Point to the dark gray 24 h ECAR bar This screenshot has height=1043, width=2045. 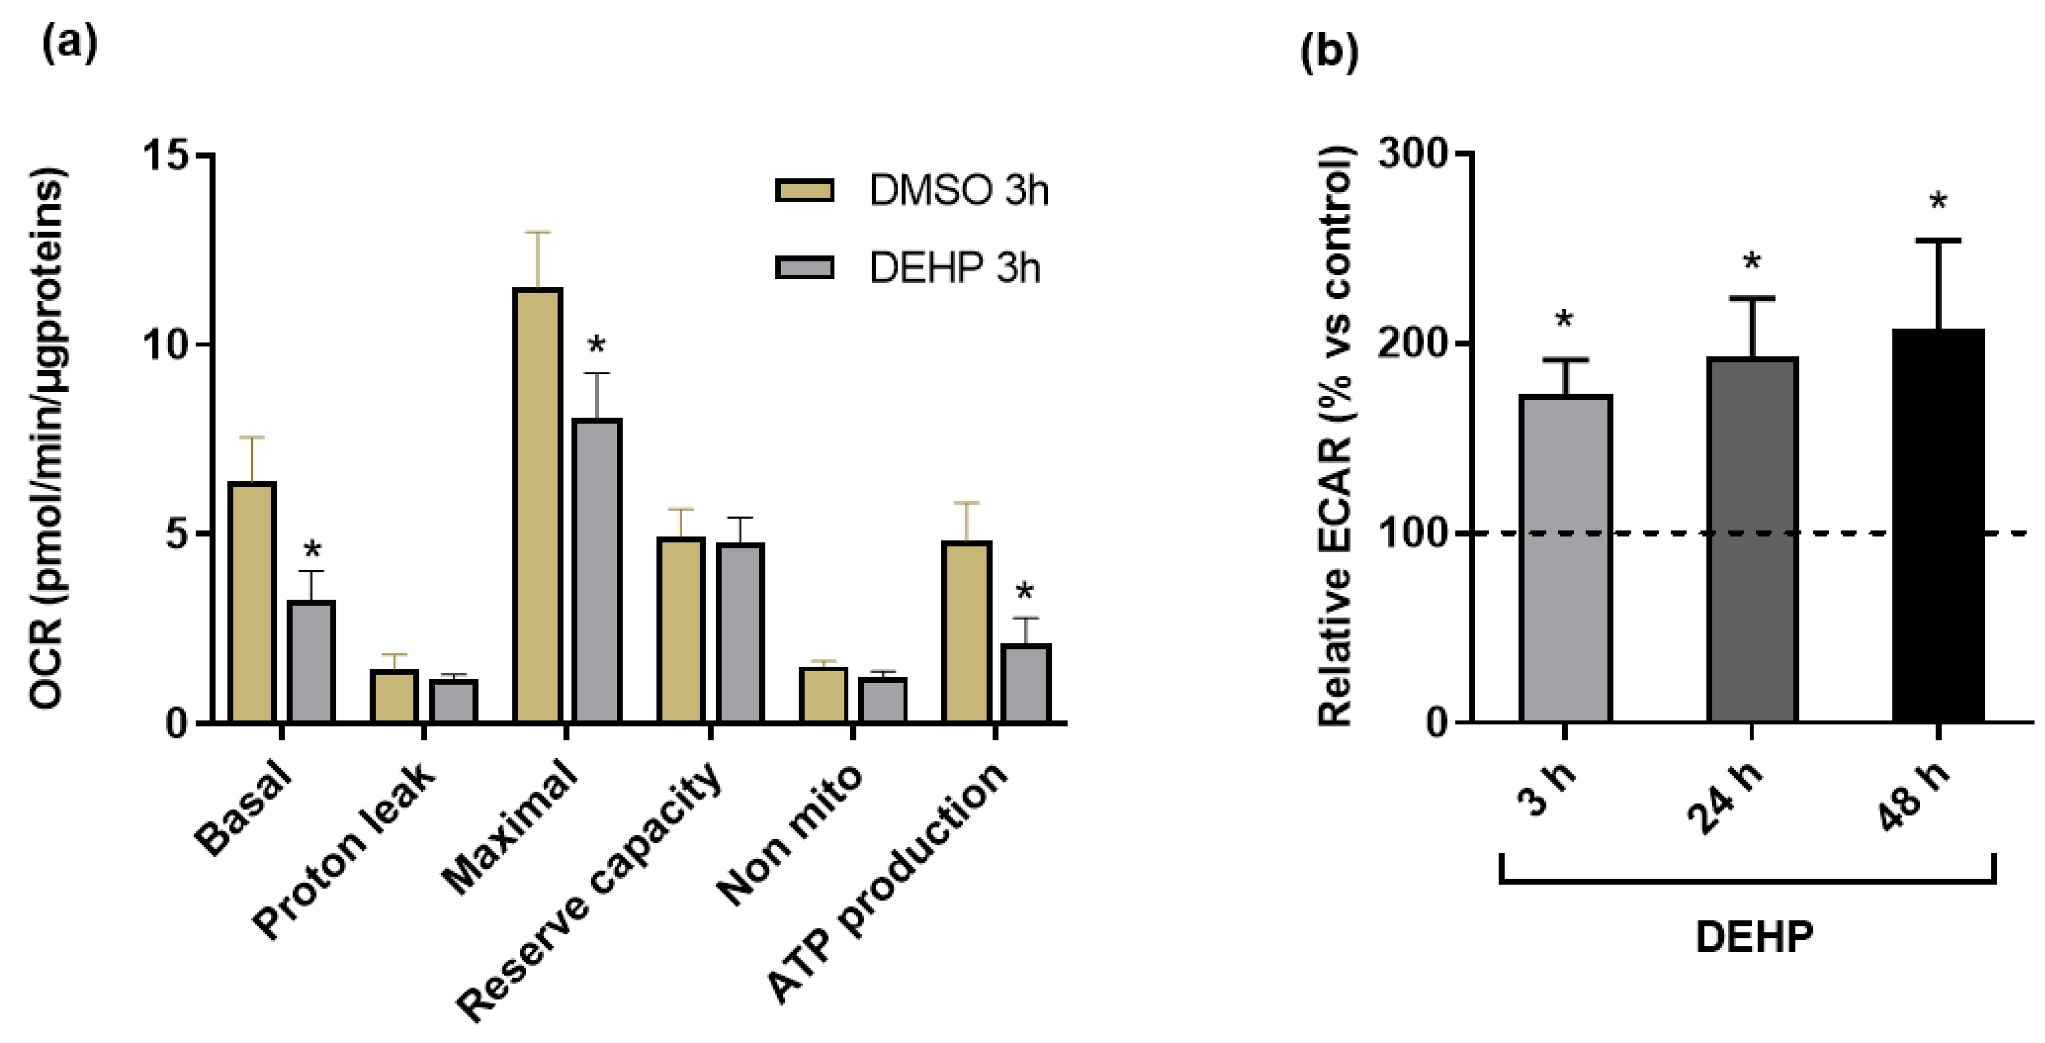(x=1752, y=540)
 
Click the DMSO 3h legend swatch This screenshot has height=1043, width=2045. (x=804, y=190)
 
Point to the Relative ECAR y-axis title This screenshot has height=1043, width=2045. (x=1335, y=437)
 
